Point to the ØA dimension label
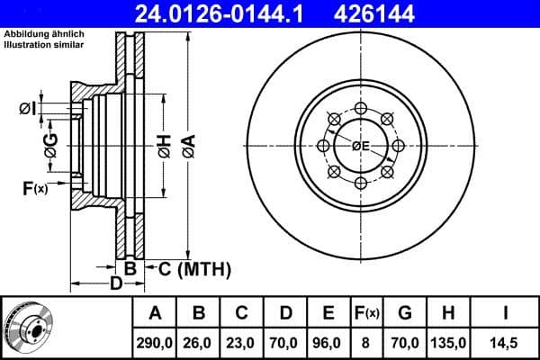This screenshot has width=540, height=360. tap(187, 144)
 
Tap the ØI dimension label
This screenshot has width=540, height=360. tap(28, 110)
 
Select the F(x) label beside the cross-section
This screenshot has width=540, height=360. tap(35, 188)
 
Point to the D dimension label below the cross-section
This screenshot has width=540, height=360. tap(115, 284)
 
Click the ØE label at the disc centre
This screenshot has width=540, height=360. tap(361, 146)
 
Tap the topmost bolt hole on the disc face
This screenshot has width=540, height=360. tap(361, 108)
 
